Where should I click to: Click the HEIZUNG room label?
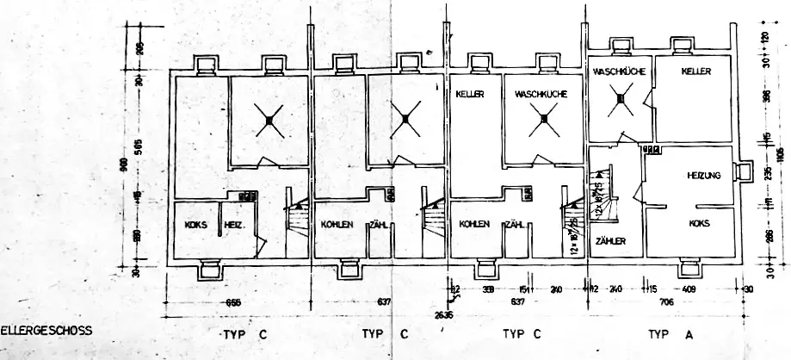[703, 175]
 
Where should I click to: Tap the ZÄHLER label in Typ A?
[609, 240]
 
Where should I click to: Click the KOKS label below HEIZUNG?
[700, 222]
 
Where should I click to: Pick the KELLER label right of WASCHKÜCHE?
[695, 71]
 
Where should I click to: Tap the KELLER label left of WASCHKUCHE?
[468, 93]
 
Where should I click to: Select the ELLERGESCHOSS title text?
[46, 330]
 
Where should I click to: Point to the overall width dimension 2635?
[444, 315]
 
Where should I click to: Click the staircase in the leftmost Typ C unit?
[297, 226]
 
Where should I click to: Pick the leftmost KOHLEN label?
[338, 225]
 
